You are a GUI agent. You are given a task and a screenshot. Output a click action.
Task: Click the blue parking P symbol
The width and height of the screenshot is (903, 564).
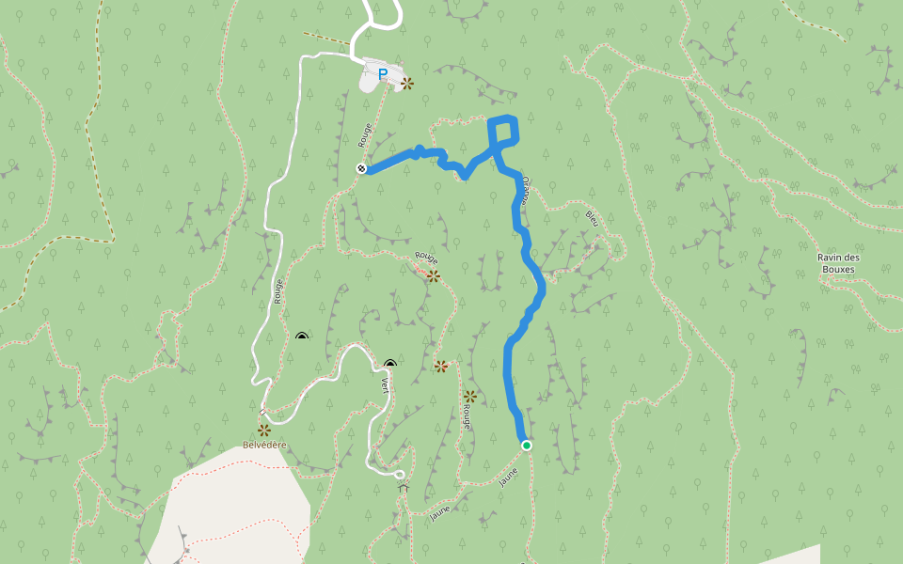click(383, 73)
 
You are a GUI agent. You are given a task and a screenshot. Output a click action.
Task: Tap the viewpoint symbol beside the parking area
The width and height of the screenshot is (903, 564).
click(407, 84)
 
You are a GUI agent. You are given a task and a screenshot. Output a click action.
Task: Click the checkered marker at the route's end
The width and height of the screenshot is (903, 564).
click(361, 168)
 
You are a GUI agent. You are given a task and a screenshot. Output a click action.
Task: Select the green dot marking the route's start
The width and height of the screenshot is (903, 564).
click(527, 445)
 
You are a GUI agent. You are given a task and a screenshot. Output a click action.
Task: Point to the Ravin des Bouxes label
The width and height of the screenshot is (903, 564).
click(839, 263)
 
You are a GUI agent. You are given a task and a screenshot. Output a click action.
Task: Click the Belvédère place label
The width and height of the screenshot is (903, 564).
click(263, 445)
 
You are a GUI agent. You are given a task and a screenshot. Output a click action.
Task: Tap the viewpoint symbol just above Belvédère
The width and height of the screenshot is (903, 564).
click(264, 430)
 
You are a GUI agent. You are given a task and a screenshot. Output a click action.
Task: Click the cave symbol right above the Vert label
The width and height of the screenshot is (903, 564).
click(390, 364)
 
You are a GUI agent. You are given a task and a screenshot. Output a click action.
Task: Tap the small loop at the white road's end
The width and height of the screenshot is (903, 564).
click(399, 474)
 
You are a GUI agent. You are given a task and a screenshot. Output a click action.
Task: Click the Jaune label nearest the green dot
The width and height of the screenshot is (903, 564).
click(509, 478)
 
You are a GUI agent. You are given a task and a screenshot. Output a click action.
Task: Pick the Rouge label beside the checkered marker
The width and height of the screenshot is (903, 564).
click(366, 135)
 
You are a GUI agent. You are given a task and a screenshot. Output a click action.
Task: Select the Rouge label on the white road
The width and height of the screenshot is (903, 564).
click(278, 291)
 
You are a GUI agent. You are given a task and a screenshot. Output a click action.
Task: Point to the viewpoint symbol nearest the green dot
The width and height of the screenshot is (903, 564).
click(470, 397)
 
